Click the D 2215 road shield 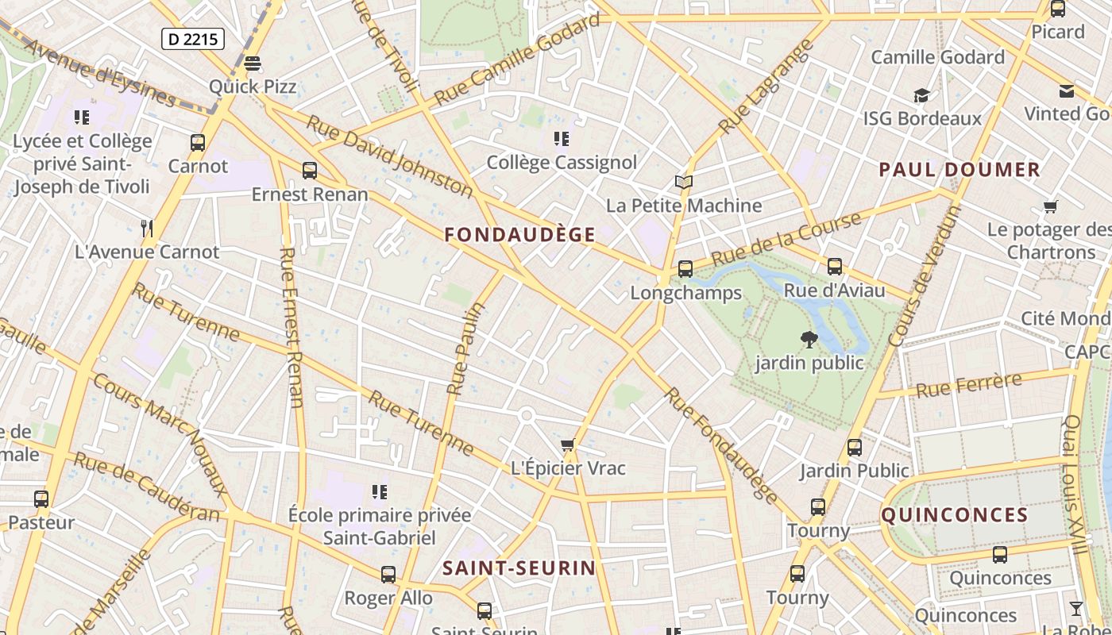(193, 39)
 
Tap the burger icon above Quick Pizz (253, 63)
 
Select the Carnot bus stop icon (198, 143)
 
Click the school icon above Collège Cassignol (562, 139)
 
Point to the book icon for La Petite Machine (684, 183)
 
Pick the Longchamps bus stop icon (685, 269)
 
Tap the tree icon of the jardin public (809, 340)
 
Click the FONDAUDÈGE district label (520, 234)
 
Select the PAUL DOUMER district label (959, 169)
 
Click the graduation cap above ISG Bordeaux (921, 95)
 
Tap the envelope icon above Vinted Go (1067, 91)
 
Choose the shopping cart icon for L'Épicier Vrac (567, 445)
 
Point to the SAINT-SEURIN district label (519, 568)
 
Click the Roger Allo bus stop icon (388, 574)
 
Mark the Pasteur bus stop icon (41, 499)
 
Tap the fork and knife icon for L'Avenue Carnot (146, 229)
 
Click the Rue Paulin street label (466, 348)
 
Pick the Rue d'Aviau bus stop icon (834, 267)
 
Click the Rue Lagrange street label (766, 87)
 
